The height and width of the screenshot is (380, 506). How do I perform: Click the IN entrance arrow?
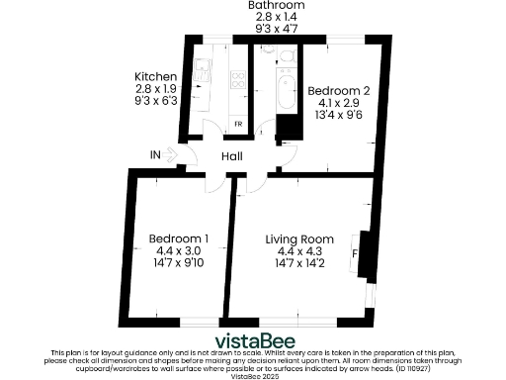(x=169, y=155)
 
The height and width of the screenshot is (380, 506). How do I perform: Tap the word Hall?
(x=231, y=156)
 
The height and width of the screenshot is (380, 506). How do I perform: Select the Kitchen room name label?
(x=155, y=76)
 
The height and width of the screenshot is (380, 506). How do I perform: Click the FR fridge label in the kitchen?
(x=238, y=124)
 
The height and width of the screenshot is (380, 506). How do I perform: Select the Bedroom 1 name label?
(x=178, y=238)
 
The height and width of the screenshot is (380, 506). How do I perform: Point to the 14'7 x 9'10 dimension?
(x=178, y=264)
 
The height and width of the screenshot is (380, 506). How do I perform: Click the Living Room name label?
(x=297, y=238)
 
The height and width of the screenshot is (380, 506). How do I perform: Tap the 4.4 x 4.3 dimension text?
(x=297, y=251)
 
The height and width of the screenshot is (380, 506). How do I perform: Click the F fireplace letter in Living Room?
(x=354, y=253)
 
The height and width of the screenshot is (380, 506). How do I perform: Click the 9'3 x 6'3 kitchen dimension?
(x=155, y=100)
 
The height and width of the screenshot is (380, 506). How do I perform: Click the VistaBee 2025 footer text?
(x=252, y=376)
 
